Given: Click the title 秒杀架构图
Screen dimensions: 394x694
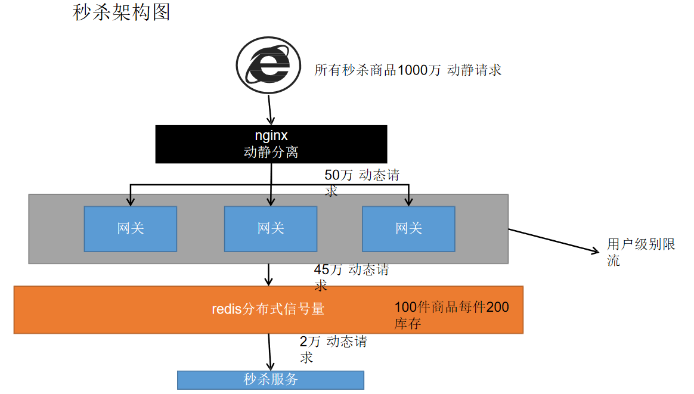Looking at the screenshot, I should click(122, 12).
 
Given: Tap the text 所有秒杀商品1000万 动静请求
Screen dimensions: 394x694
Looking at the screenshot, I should click(408, 70).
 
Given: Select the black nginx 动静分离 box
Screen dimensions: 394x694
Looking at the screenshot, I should click(271, 144).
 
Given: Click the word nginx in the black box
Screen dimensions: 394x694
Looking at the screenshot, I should click(271, 136).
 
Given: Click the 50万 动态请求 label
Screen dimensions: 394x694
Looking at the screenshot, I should click(361, 182).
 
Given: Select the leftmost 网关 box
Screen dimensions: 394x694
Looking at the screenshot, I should click(130, 228).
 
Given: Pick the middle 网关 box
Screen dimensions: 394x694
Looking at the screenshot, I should click(271, 228).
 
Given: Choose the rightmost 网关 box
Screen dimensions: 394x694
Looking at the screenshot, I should click(408, 228).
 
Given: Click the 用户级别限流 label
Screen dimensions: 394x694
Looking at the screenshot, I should click(640, 252).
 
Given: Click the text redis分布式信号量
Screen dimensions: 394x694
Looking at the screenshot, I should click(268, 309).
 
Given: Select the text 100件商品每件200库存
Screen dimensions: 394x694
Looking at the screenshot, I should click(451, 315).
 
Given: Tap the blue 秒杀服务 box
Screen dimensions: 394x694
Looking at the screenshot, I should click(271, 380).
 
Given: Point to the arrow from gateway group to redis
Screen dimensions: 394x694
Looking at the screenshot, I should click(269, 274).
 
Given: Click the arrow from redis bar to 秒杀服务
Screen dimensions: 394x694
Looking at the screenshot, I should click(269, 352).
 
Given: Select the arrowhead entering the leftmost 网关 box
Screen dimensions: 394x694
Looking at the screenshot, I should click(131, 201).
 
